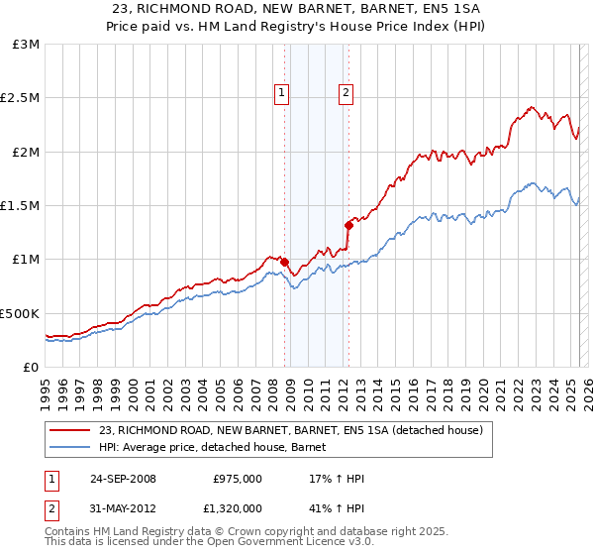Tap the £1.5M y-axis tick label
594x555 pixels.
pos(21,205)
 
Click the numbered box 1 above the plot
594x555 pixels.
pos(282,93)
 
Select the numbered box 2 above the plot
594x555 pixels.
pos(346,93)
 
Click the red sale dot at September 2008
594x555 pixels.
pos(285,262)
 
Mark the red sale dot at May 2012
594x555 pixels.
pos(348,224)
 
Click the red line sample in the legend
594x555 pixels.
pos(70,430)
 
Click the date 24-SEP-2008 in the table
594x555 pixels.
pos(123,479)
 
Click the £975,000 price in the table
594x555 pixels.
pos(238,479)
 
